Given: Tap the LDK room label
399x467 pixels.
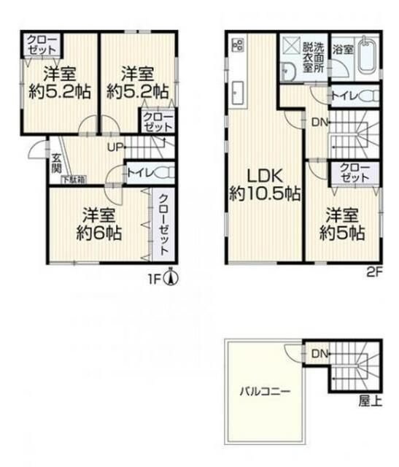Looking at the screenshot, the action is coord(265,177).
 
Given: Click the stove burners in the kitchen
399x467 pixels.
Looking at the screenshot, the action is coord(239,45).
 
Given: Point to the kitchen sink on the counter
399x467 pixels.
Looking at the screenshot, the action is coord(238,93).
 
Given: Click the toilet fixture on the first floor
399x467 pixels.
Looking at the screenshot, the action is coord(165,173).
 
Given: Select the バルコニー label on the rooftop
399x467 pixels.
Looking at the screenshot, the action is coord(265,390).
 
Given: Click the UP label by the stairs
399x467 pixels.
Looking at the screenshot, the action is coord(115,147).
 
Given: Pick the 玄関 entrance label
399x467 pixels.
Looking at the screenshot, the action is coord(56,163).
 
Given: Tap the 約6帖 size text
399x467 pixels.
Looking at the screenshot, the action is coord(99,233).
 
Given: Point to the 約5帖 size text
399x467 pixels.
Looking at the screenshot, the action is coord(342,233).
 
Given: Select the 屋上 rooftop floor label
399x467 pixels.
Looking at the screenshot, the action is coord(370,401).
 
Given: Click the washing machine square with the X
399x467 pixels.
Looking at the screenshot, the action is coord(291,46).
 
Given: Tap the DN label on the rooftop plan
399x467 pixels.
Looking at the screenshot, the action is coord(319,354).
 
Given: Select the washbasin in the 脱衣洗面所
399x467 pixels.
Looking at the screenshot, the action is coord(287,72).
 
